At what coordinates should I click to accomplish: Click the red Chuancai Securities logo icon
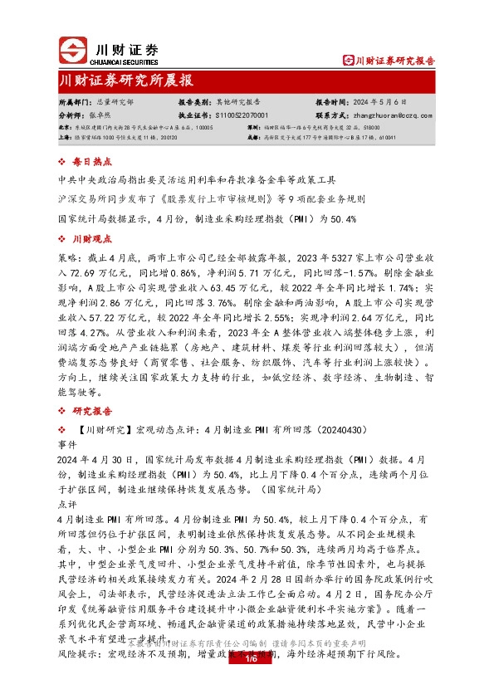point(75,51)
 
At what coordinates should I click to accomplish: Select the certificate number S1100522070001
point(242,116)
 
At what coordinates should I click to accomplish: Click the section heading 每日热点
point(90,162)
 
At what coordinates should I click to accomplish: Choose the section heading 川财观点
point(90,239)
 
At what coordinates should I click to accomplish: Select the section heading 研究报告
point(90,411)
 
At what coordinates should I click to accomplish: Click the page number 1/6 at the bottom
point(247,658)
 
